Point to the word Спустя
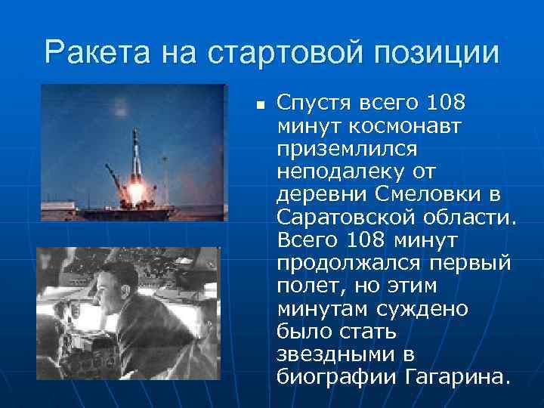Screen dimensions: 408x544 (x=309, y=101)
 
